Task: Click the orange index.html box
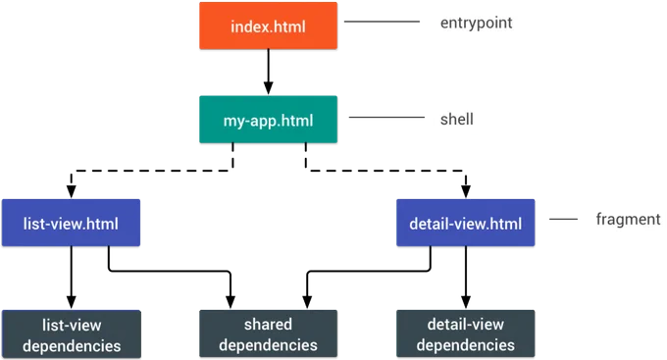point(268,26)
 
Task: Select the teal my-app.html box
point(268,119)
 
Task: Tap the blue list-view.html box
point(71,223)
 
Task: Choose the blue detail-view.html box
point(465,223)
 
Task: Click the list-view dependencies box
point(72,334)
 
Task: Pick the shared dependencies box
point(268,334)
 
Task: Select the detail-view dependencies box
point(465,334)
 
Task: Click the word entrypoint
point(476,23)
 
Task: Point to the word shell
point(456,119)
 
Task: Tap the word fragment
point(628,219)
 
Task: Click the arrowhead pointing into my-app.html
point(268,88)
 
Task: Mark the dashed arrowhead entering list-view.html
point(71,192)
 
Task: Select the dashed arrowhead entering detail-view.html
point(466,192)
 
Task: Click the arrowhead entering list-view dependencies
point(71,302)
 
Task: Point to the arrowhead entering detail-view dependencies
point(466,302)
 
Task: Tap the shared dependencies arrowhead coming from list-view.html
point(231,302)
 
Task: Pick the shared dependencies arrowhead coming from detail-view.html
point(307,302)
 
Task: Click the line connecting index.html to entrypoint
point(382,22)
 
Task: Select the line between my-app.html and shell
point(386,117)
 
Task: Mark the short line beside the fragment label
point(564,219)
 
